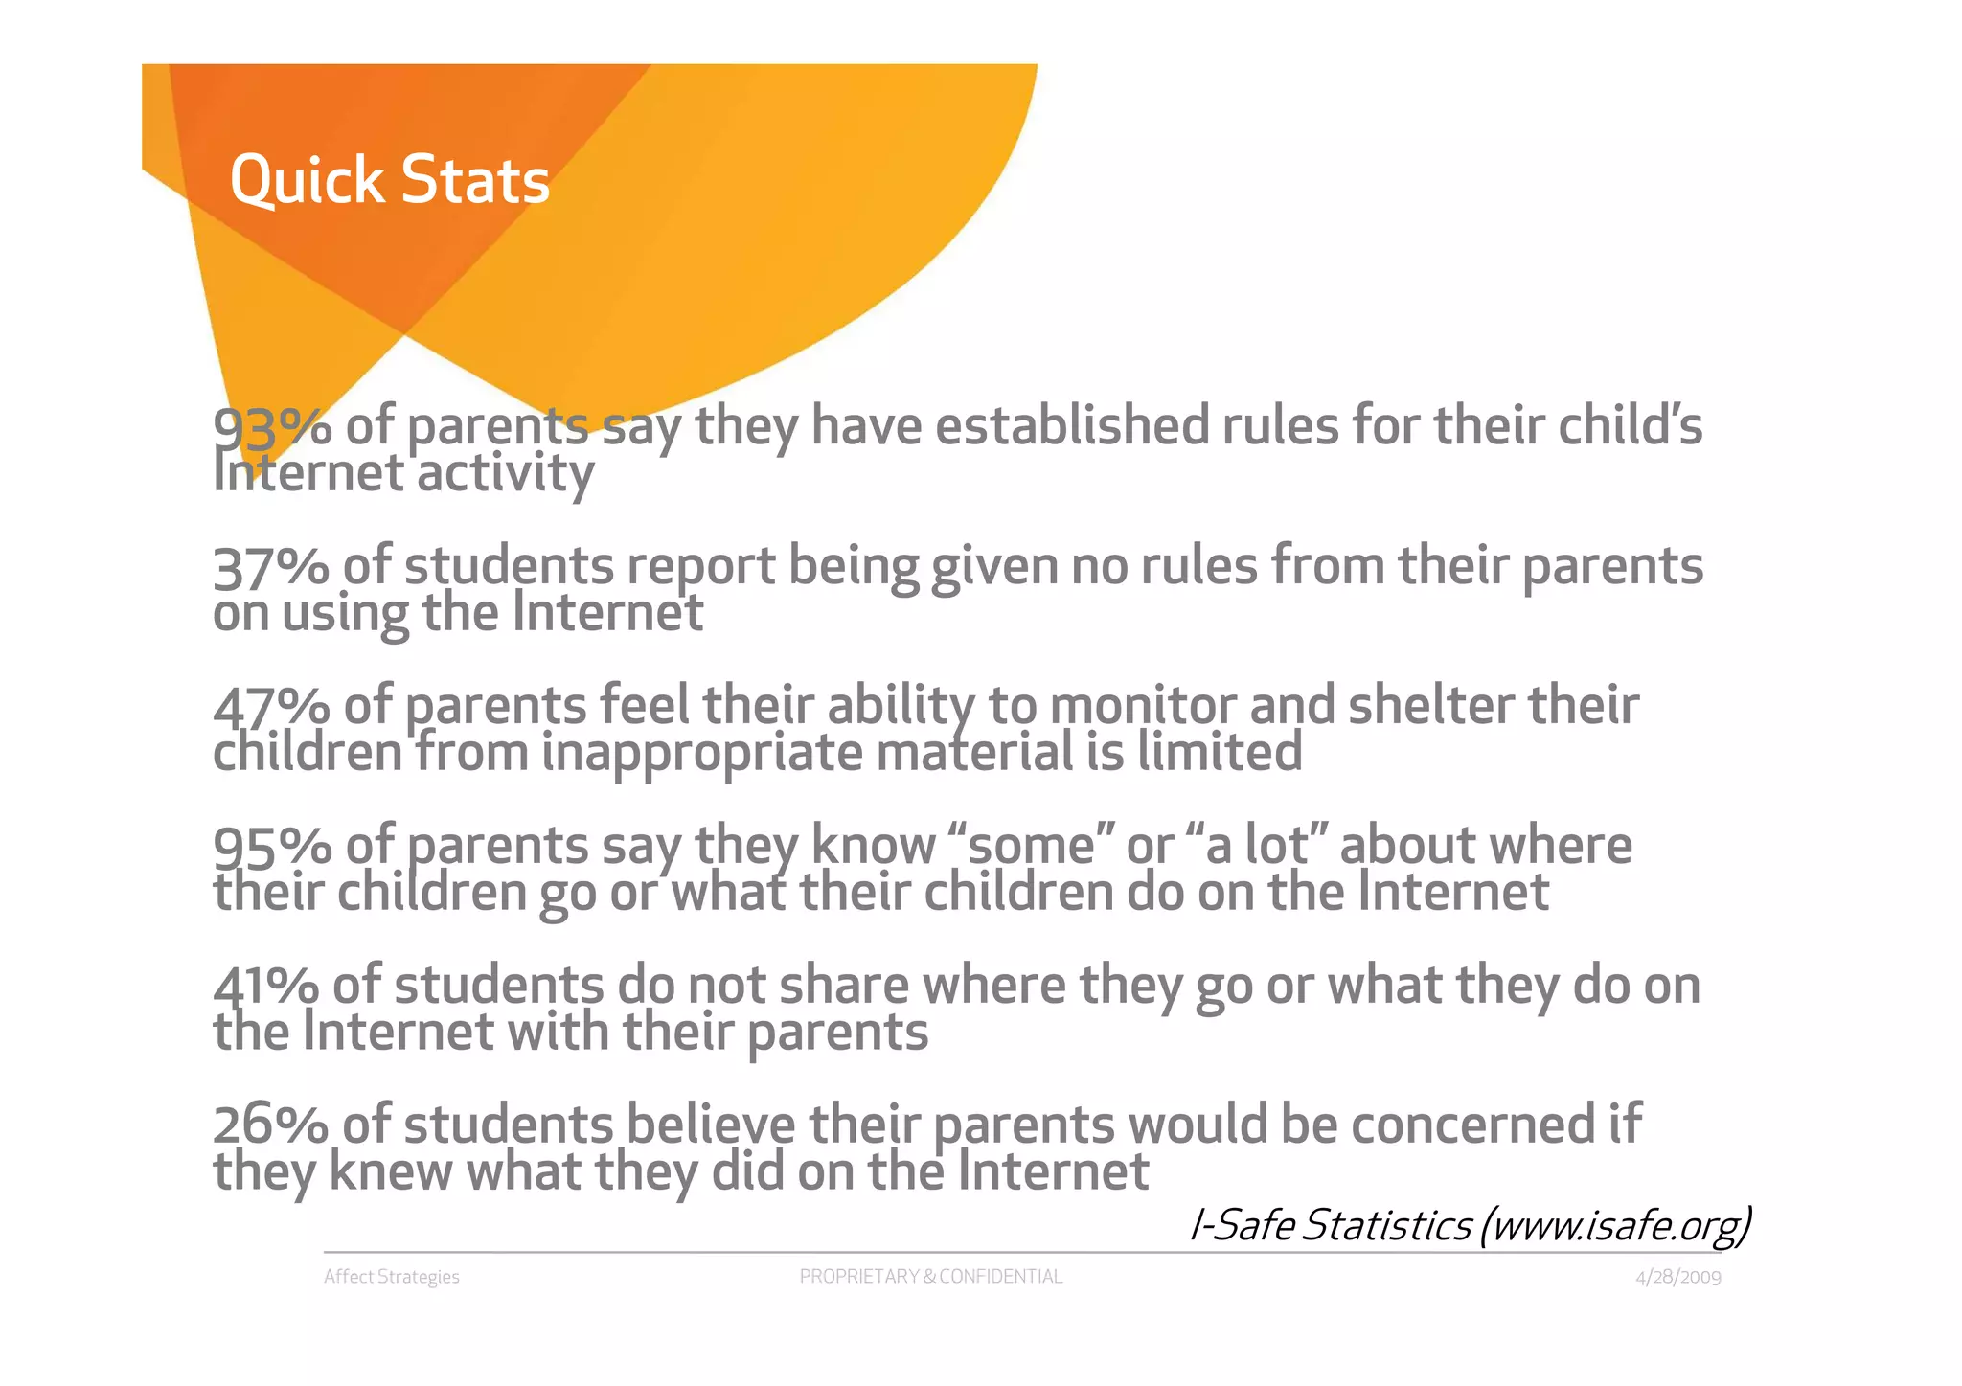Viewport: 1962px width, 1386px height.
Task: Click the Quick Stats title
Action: coord(390,180)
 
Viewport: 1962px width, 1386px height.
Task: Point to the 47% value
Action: coord(271,707)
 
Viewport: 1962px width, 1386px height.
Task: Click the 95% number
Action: coord(271,847)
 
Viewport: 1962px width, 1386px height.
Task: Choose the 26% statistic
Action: coord(270,1125)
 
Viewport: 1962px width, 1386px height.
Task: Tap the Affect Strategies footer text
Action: coord(392,1277)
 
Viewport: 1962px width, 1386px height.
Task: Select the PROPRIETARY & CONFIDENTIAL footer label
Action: coord(930,1277)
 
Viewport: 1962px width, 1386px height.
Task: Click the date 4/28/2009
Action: coord(1677,1278)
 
